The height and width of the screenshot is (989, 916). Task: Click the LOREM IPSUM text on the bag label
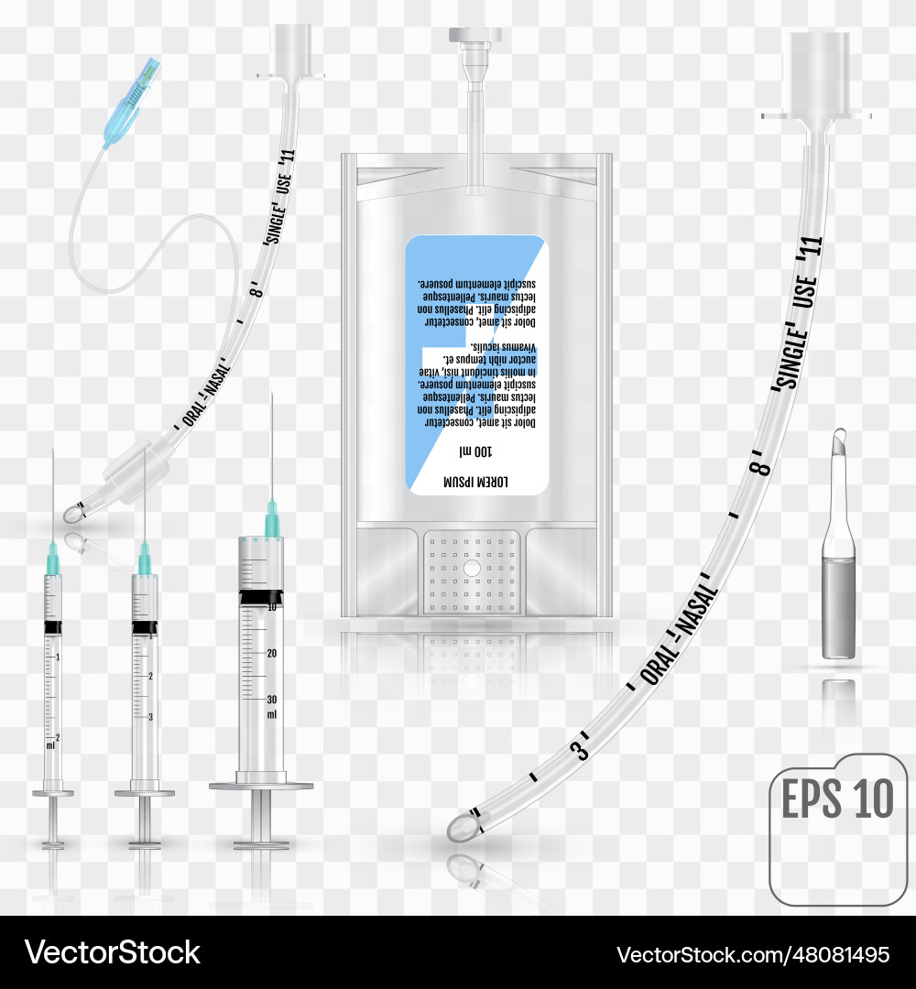click(x=475, y=481)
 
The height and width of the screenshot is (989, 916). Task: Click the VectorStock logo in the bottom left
click(x=112, y=952)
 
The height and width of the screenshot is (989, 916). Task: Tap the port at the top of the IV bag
click(x=474, y=55)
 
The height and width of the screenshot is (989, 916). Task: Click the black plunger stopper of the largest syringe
click(x=261, y=597)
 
